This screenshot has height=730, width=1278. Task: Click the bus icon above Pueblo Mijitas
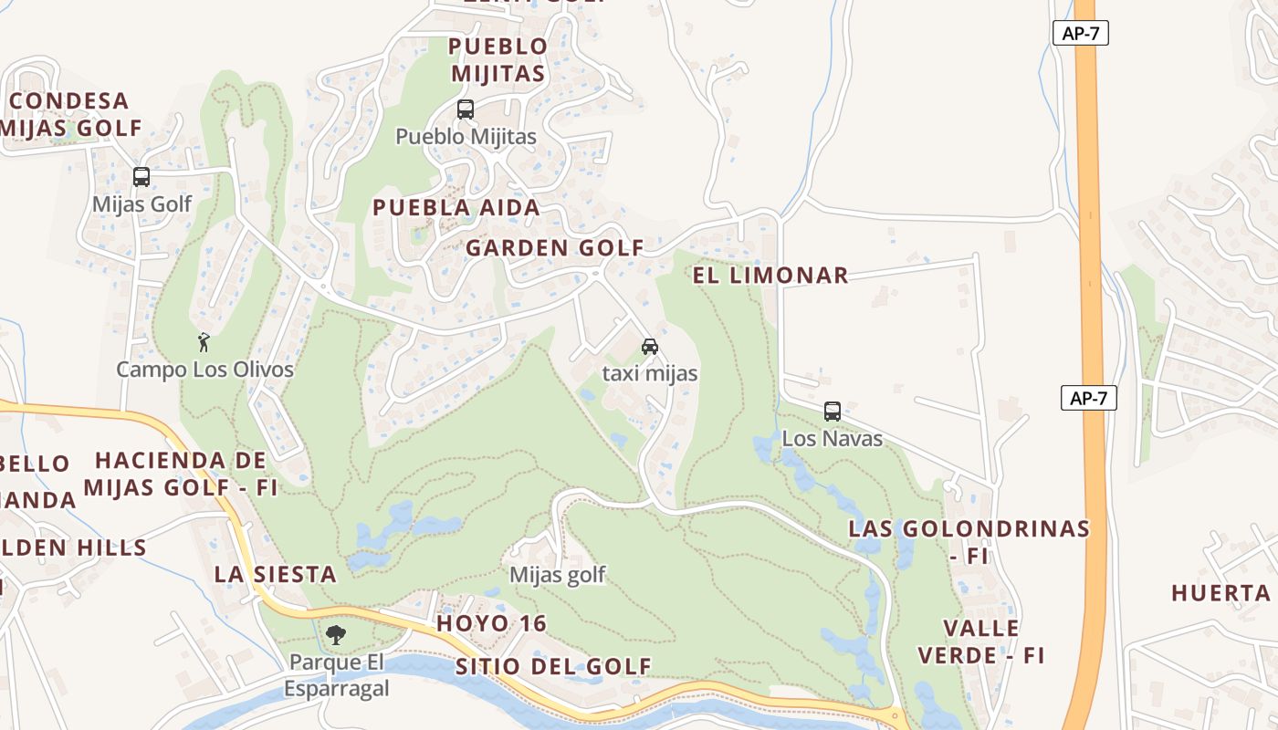(x=466, y=109)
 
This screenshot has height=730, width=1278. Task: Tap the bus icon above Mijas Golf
(x=141, y=177)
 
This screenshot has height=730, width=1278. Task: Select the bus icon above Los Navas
(x=833, y=411)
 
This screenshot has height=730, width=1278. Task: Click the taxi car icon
(x=650, y=347)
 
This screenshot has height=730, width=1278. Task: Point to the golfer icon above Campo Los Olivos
(x=204, y=342)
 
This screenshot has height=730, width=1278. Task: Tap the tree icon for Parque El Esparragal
(x=336, y=634)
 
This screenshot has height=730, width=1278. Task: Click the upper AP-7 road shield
(x=1080, y=34)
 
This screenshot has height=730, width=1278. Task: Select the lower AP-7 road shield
(x=1088, y=398)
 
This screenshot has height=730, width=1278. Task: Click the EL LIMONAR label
(x=770, y=276)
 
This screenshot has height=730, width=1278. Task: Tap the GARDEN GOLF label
(x=555, y=247)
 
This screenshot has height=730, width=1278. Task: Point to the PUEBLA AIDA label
(x=456, y=208)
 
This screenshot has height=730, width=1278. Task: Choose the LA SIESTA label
(x=276, y=574)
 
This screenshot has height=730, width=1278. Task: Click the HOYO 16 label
(x=491, y=624)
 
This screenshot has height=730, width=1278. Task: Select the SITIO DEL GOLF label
(x=553, y=666)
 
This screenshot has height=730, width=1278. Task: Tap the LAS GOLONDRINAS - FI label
(x=969, y=541)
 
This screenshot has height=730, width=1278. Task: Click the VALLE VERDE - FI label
(x=981, y=641)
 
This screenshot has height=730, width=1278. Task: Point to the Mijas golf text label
(x=557, y=575)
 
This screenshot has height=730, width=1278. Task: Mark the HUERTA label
(x=1221, y=593)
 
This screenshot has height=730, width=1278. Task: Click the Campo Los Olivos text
(x=204, y=370)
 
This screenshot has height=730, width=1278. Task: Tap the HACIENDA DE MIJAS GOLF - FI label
(x=181, y=474)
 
